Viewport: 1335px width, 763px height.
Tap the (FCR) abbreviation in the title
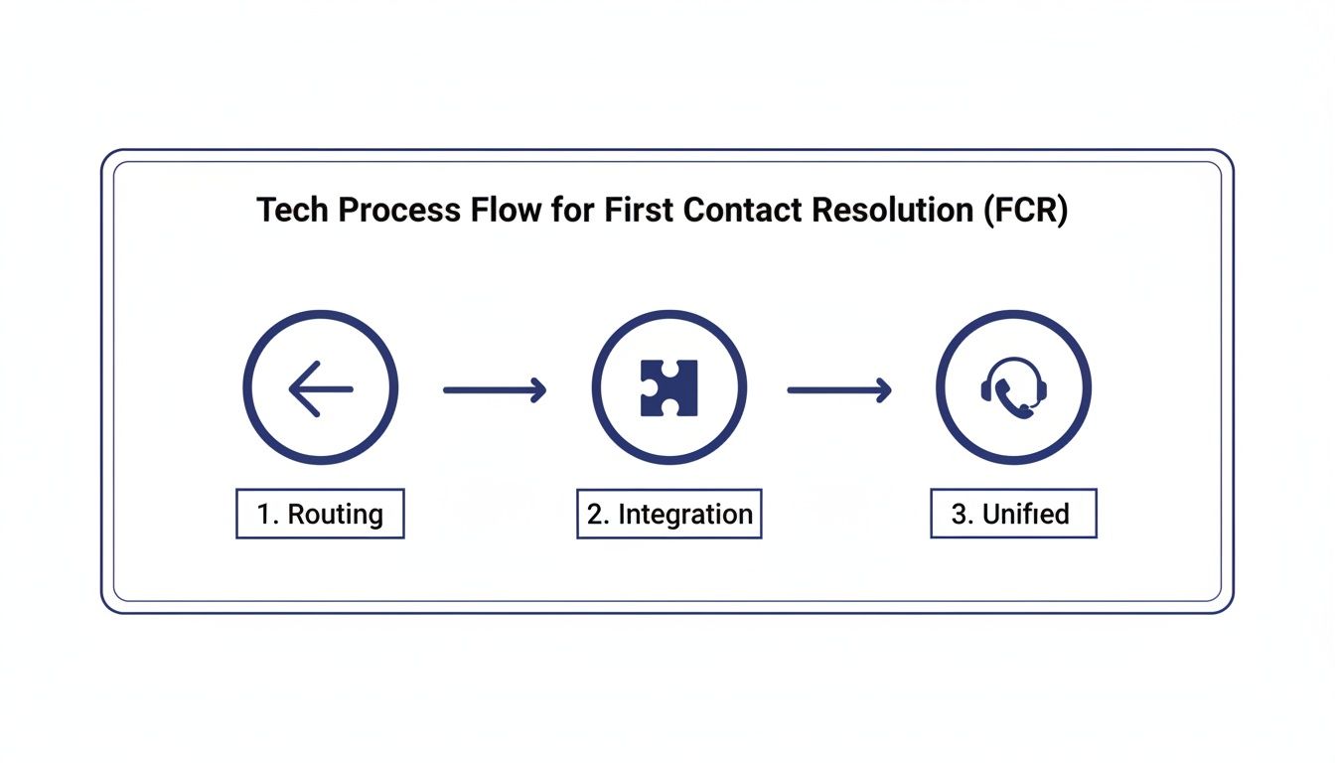coord(1028,212)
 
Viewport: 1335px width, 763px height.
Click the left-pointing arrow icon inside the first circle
coord(320,388)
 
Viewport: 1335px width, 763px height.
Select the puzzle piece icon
coord(669,388)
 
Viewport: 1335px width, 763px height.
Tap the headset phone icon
coord(1013,388)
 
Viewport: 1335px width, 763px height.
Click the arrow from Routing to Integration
coord(494,390)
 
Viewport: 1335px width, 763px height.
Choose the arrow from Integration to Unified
coord(838,390)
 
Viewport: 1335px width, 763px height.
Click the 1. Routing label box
coord(320,514)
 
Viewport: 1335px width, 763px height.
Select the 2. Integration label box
coord(669,514)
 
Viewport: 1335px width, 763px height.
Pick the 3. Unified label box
coord(1013,514)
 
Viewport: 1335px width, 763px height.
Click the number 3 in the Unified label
coord(960,515)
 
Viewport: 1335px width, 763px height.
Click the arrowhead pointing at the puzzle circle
coord(537,390)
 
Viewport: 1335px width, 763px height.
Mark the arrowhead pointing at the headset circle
coord(882,390)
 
